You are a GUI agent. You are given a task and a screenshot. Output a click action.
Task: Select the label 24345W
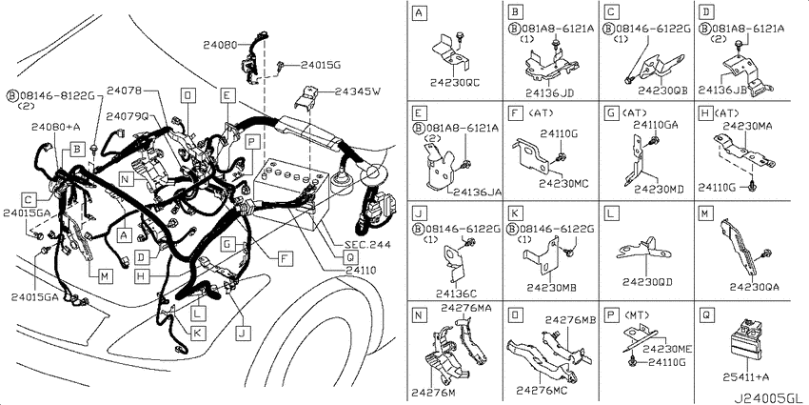358,91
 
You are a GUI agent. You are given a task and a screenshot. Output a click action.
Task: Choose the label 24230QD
647,282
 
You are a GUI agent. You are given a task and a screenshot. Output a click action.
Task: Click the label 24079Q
127,117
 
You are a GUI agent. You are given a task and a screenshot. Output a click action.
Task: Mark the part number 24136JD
550,93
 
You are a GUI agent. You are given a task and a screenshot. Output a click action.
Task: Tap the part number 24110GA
656,124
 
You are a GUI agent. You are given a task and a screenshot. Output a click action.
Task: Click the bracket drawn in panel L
645,251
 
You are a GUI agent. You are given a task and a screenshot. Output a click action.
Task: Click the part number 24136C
456,294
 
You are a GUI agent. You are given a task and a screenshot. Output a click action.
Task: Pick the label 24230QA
755,286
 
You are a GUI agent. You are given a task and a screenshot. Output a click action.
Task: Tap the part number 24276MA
466,308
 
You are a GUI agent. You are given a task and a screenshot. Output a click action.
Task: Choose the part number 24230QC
455,82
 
